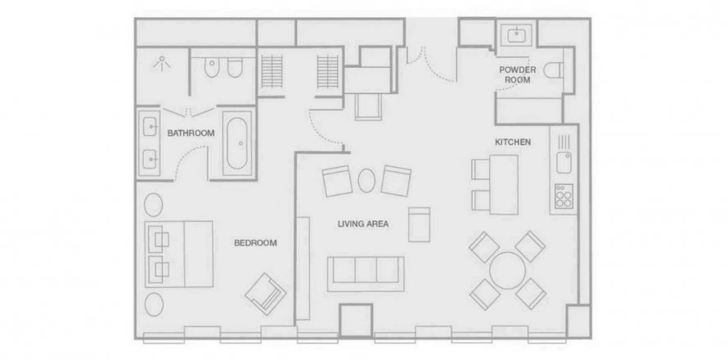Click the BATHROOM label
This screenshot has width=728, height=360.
point(191,133)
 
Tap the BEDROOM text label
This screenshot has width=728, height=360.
point(255,242)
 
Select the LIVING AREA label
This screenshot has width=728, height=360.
point(363,224)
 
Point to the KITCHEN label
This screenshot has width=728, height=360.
point(513,142)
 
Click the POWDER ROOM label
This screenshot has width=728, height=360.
point(518,74)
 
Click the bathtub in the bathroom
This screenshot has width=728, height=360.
point(239,143)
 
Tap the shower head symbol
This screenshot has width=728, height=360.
point(162,62)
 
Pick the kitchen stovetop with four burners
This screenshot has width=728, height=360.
point(564,196)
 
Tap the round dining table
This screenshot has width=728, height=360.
point(507,271)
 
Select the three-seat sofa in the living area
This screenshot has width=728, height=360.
point(366,274)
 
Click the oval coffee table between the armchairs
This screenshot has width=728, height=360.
point(366,180)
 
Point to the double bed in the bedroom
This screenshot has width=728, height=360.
point(179,254)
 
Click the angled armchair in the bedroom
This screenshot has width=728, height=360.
point(266,294)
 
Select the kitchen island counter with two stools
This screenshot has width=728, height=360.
point(503,184)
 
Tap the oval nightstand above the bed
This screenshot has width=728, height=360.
point(153,205)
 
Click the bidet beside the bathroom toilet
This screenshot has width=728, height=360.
point(235,69)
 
